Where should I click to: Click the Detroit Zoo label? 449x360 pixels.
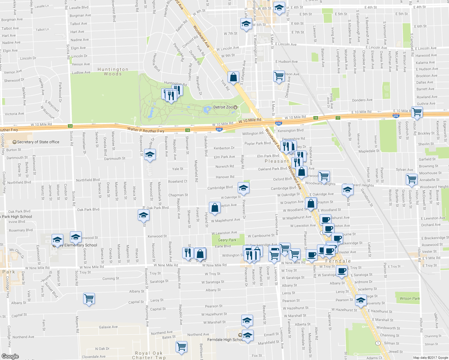[223, 107]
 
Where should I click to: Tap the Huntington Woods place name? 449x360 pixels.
[113, 71]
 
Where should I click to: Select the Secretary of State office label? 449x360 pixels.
[38, 142]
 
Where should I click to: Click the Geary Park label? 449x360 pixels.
[227, 240]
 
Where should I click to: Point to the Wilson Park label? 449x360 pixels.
[410, 298]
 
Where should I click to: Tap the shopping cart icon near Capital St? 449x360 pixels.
[89, 298]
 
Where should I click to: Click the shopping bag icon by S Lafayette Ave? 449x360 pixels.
[233, 77]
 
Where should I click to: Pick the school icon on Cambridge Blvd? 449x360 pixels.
[243, 188]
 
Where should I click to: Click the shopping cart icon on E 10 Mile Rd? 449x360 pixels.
[417, 112]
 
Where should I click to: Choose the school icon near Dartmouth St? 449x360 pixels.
[150, 154]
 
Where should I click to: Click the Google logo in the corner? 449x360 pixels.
[10, 356]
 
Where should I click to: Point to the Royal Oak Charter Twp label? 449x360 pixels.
[149, 355]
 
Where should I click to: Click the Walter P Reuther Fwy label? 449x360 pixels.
[146, 130]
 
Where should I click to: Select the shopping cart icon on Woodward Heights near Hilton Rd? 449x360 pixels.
[411, 179]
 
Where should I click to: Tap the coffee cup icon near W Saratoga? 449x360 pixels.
[341, 271]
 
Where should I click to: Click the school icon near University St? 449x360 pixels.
[360, 300]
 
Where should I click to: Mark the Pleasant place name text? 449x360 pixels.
[277, 161]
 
